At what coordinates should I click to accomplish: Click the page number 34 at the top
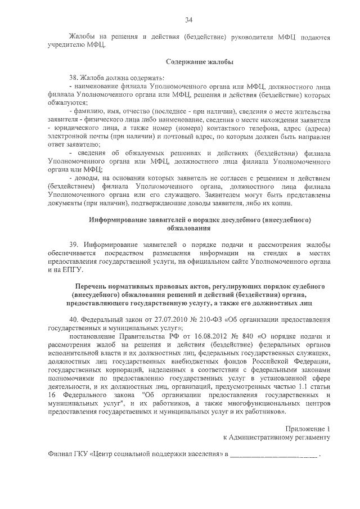[189, 21]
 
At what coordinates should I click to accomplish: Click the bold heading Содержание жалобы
[200, 61]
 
